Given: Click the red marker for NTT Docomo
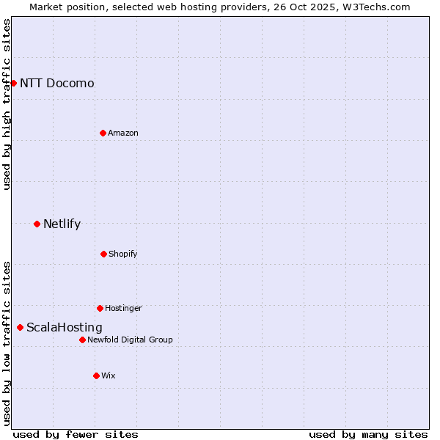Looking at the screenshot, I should point(13,83).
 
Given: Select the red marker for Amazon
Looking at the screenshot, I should point(103,133).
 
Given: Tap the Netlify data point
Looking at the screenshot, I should point(37,224).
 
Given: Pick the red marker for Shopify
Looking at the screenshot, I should point(103,254).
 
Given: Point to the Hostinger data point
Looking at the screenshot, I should point(100,308).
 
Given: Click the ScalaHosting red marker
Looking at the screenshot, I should point(20,327).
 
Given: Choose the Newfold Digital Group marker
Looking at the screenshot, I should point(82,340).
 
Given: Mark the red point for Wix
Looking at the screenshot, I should point(96,375).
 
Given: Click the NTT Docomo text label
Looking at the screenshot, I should point(57,83).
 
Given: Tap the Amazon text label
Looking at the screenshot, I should point(123,133).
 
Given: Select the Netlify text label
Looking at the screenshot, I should point(62,224).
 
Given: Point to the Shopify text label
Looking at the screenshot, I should point(123,254).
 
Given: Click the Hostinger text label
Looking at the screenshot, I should point(123,308).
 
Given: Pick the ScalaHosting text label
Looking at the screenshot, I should point(65,327).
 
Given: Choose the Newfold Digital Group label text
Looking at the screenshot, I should point(130,340).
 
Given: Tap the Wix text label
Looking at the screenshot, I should point(109,375).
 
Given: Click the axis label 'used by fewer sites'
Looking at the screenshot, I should point(76,434).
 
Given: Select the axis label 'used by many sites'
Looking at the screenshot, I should point(368,434).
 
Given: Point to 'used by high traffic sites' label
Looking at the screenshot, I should point(7,104).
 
